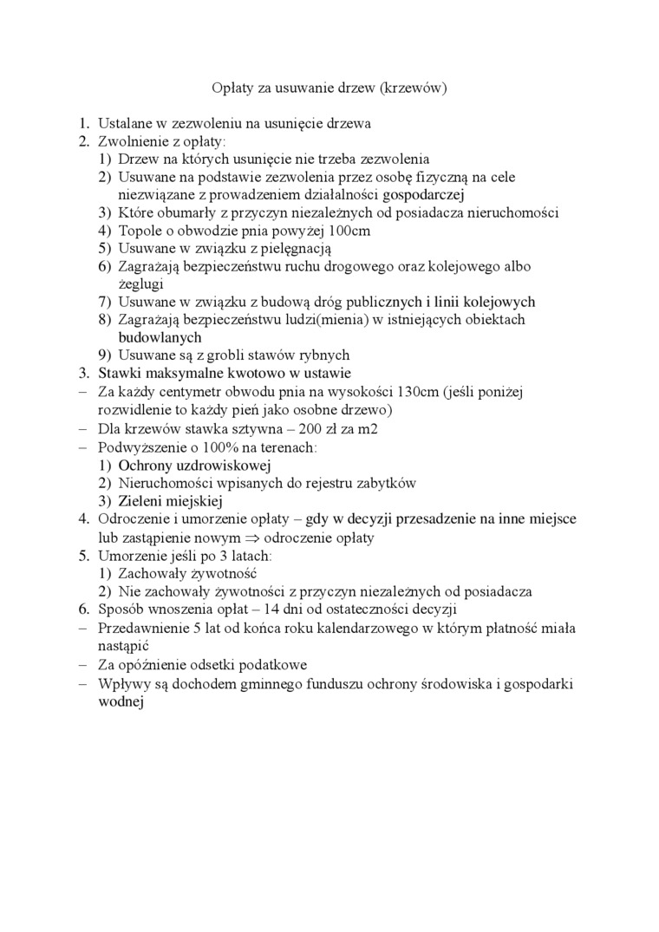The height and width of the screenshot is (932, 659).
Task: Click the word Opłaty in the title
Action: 232,88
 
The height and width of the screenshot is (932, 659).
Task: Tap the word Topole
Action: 140,231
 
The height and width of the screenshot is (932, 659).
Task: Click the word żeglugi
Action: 140,284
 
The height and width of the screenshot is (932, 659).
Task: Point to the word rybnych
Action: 323,355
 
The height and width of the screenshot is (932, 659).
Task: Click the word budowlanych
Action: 160,337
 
